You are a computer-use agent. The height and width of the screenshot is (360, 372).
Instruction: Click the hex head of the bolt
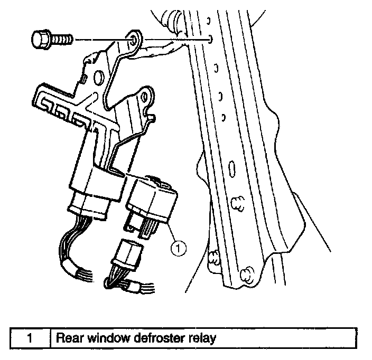(x=41, y=39)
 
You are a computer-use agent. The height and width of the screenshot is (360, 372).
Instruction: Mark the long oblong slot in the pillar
(x=231, y=172)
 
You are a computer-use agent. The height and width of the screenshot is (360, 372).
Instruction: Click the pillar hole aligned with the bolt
(x=211, y=38)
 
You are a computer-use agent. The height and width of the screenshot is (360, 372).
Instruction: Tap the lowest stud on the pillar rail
(x=245, y=274)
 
